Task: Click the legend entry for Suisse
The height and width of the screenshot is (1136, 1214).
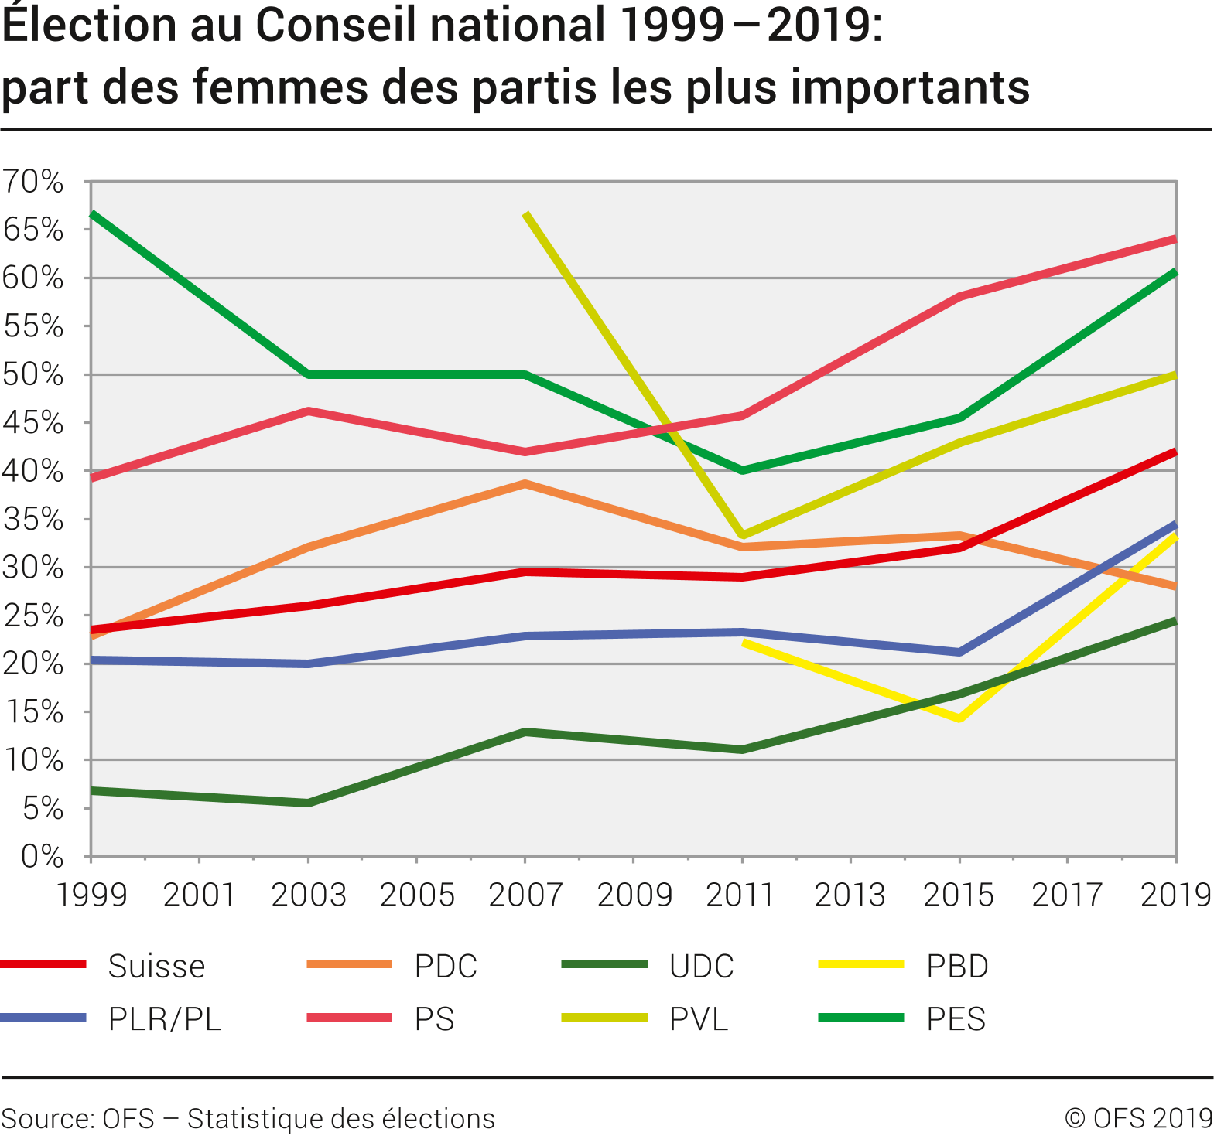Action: click(156, 967)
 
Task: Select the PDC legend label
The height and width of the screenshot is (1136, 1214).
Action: click(446, 967)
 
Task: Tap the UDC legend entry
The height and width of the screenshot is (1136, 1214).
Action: click(702, 967)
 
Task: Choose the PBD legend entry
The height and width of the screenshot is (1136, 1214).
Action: click(957, 967)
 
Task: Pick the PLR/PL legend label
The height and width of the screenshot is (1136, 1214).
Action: click(165, 1019)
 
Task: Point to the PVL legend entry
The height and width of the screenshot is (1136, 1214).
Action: click(699, 1019)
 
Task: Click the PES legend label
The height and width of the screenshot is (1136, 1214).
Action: click(956, 1019)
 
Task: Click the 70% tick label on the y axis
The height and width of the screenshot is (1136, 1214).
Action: click(32, 182)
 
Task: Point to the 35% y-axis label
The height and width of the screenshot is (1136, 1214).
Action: click(32, 520)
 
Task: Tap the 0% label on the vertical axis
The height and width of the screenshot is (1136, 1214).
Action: click(42, 857)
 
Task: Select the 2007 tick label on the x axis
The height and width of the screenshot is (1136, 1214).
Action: click(525, 895)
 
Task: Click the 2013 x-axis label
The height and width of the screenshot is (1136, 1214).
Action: click(850, 895)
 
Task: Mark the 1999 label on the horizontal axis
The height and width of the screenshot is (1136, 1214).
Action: click(92, 895)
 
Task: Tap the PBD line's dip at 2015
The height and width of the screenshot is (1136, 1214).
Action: click(959, 718)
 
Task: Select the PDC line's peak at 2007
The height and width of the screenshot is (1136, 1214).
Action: click(525, 484)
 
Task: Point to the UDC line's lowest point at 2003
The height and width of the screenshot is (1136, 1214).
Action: click(308, 803)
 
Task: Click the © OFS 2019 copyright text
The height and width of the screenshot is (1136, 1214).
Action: click(1138, 1119)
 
